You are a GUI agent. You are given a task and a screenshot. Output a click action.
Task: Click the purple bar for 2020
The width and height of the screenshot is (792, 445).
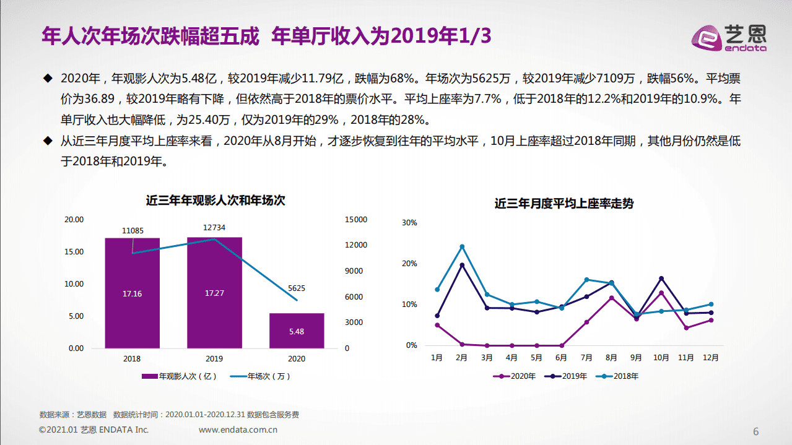(296, 331)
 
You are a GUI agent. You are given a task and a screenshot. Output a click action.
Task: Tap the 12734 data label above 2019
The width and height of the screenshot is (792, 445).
(214, 228)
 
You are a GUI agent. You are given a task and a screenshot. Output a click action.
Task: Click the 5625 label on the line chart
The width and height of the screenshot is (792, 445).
(297, 288)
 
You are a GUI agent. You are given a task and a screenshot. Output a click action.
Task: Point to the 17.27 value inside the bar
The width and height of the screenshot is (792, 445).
(214, 293)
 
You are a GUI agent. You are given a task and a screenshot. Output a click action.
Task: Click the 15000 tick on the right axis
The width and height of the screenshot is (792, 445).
(356, 220)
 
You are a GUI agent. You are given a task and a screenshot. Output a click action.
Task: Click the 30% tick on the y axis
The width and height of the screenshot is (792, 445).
(409, 223)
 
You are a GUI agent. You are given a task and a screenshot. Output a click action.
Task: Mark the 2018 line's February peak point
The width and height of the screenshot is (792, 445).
(462, 246)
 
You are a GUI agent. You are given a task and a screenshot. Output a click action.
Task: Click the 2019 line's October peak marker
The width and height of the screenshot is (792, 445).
(661, 279)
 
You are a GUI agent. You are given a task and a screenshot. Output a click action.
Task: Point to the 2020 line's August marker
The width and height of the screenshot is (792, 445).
(611, 298)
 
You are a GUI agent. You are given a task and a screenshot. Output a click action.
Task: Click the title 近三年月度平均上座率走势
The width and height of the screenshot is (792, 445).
(564, 204)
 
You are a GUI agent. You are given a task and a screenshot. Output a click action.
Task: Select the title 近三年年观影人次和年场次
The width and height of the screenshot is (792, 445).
(215, 201)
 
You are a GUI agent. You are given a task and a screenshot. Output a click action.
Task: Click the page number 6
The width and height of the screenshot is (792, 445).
(755, 431)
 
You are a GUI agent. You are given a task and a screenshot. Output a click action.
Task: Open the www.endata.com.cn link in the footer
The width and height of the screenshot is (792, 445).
(238, 430)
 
